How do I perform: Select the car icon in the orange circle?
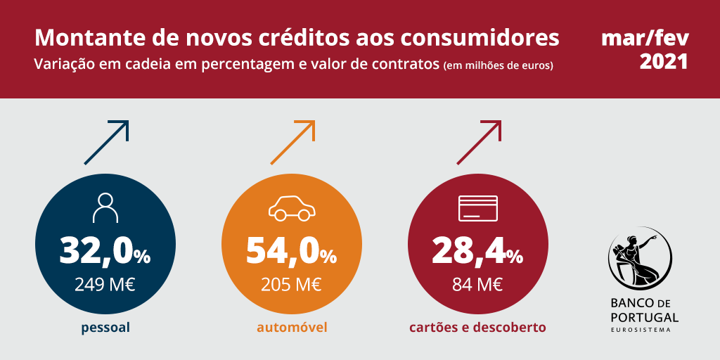click(291, 207)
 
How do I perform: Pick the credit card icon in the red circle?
click(477, 208)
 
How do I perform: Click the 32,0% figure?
click(105, 250)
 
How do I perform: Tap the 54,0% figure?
click(291, 250)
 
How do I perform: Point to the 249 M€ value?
click(105, 284)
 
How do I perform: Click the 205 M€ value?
click(291, 284)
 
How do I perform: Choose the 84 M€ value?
click(477, 284)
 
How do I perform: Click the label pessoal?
click(105, 328)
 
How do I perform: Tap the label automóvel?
click(292, 328)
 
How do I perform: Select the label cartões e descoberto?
click(478, 328)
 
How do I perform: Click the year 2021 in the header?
click(664, 62)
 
